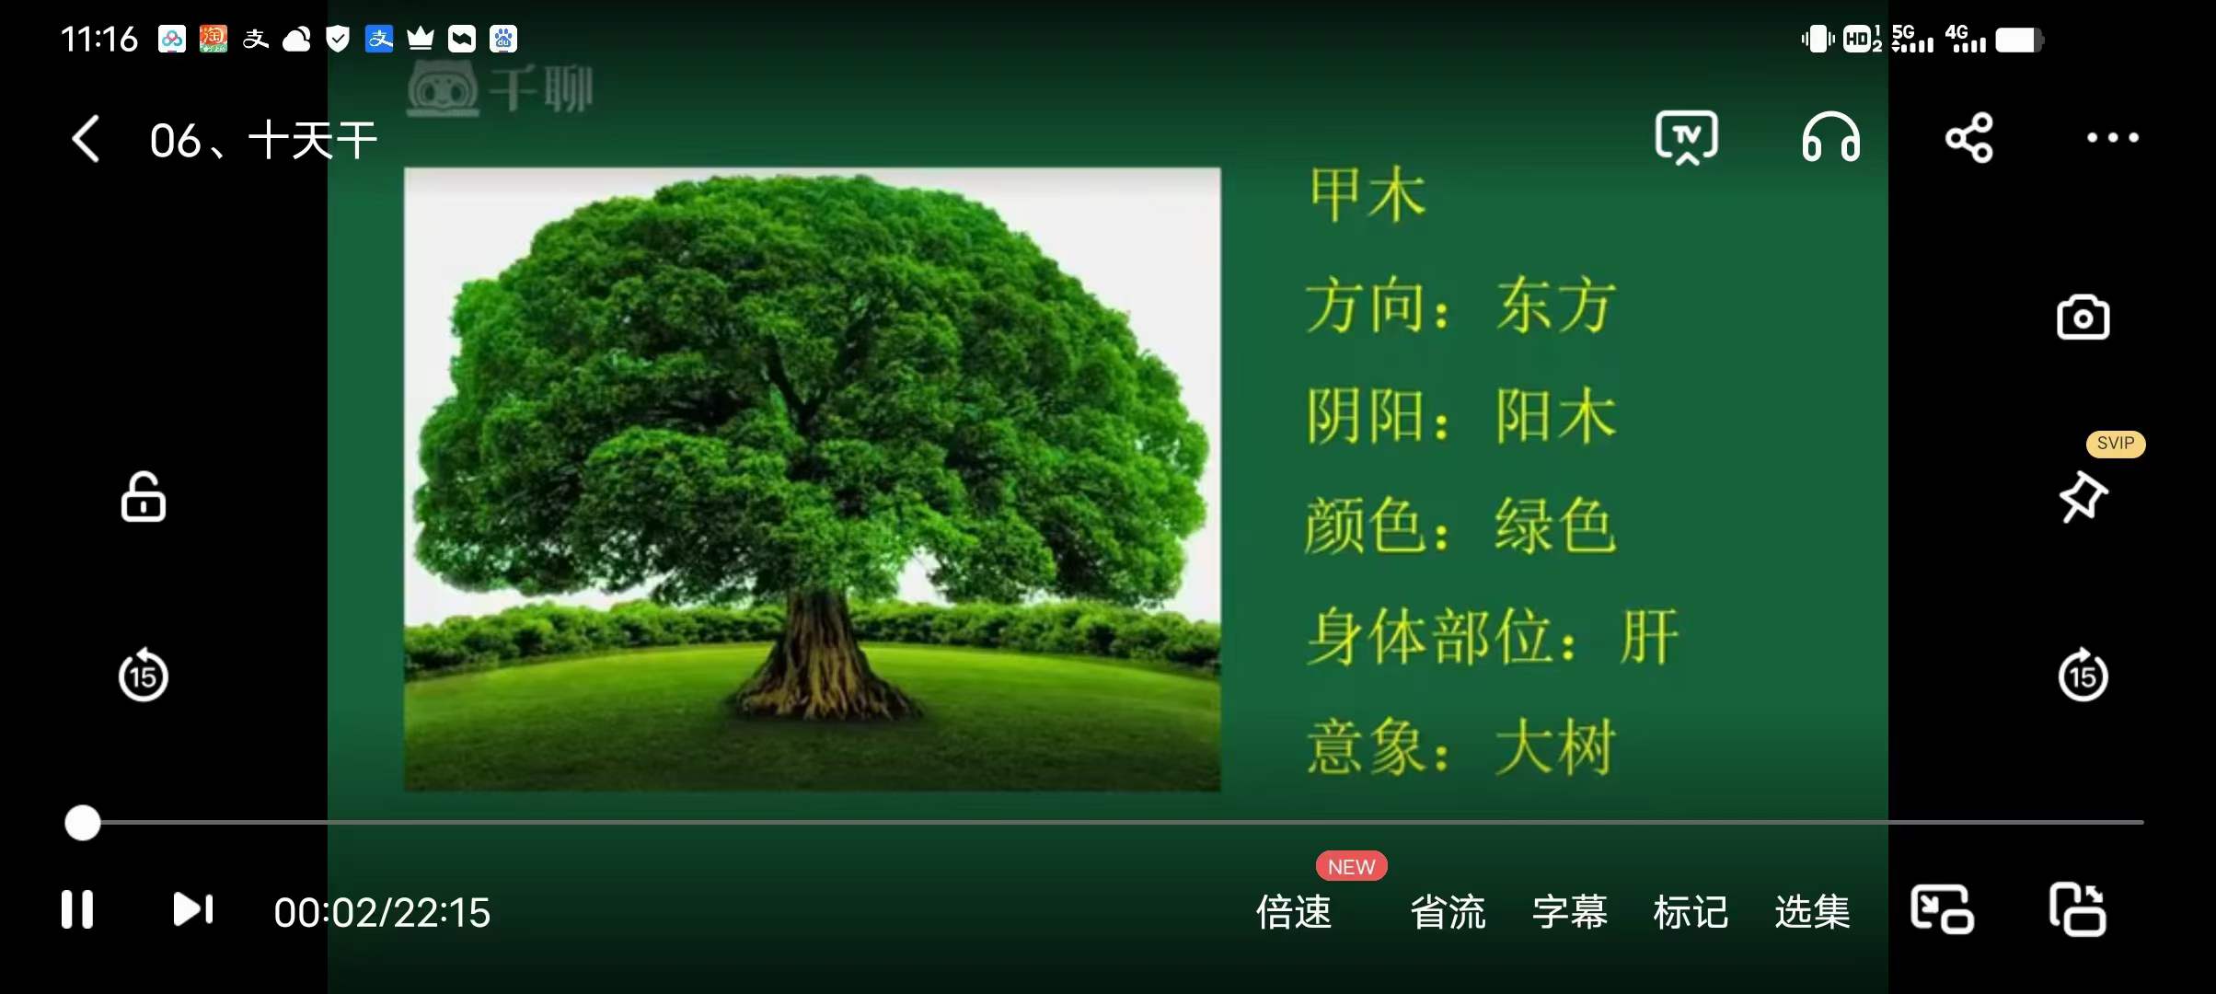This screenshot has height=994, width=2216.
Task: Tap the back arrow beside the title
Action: point(86,140)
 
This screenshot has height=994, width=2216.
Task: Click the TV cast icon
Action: point(1686,138)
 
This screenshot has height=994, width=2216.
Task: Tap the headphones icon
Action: point(1830,138)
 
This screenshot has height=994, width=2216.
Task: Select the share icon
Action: point(1969,138)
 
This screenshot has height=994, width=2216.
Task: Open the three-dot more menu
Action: point(2112,138)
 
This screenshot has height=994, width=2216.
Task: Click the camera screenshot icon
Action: point(2083,318)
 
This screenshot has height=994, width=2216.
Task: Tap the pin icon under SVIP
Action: point(2083,497)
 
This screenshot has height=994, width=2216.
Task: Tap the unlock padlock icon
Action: point(144,498)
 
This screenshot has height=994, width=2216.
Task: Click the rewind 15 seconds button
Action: point(144,676)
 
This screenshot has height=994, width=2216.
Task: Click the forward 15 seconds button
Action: point(2083,676)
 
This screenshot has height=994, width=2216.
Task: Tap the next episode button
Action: point(193,909)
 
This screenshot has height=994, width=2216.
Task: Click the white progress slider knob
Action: point(83,823)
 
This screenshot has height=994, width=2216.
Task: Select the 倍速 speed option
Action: point(1294,912)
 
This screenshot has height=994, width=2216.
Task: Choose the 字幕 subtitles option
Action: point(1570,912)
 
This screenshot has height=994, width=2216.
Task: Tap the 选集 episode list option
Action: point(1812,912)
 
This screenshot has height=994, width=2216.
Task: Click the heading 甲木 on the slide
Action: point(1368,195)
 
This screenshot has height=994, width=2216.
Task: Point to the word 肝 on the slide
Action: point(1649,637)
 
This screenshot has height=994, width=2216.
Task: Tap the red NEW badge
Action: point(1351,867)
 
